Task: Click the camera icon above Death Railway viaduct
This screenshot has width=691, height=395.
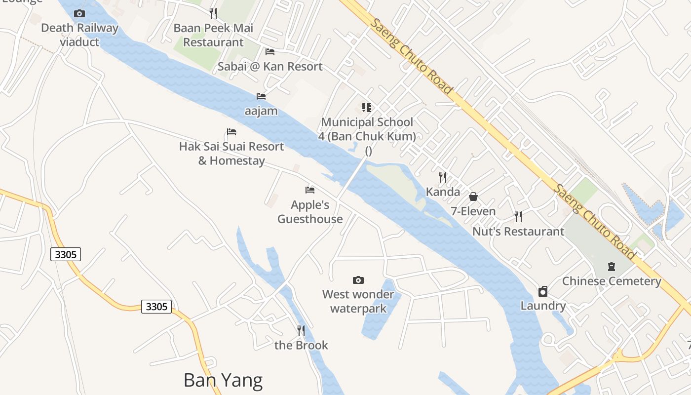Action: tap(79, 13)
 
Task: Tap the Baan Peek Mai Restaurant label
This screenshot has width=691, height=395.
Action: tap(213, 35)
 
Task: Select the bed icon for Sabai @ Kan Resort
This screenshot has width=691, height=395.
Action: tap(270, 51)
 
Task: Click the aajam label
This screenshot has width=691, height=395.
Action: tap(261, 111)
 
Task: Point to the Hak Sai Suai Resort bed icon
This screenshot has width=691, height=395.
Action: tap(231, 132)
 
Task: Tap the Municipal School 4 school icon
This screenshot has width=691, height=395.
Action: tap(367, 107)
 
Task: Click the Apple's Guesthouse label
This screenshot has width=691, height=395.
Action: tap(310, 212)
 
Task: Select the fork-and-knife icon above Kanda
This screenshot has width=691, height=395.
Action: tap(443, 177)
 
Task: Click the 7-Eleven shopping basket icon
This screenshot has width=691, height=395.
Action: tap(473, 197)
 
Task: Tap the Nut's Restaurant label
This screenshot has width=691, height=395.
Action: tap(518, 231)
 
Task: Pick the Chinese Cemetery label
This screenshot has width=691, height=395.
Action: tap(612, 281)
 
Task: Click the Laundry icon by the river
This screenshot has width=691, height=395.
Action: tap(543, 291)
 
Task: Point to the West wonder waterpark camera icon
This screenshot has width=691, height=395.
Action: tap(358, 280)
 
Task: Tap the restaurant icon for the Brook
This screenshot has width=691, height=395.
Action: tap(301, 330)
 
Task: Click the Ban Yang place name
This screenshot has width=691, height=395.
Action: tap(223, 380)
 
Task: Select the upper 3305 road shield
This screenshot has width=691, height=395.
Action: tap(66, 254)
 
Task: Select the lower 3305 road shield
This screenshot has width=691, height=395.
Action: tap(156, 307)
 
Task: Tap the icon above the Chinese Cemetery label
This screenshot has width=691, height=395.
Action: tap(612, 267)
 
